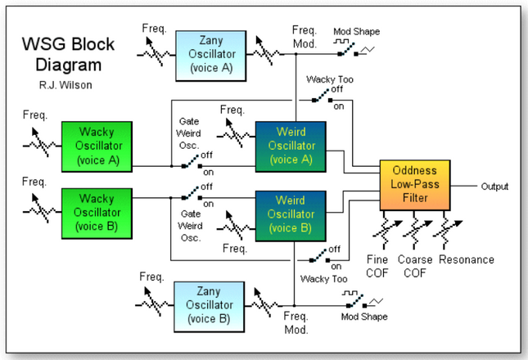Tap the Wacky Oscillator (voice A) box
coord(97,145)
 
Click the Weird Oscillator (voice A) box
coord(291,146)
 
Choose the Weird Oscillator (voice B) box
coord(291,214)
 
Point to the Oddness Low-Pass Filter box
coord(415,185)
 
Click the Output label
coord(494,187)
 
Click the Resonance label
coord(467,260)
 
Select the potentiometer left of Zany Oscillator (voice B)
coord(152,304)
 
